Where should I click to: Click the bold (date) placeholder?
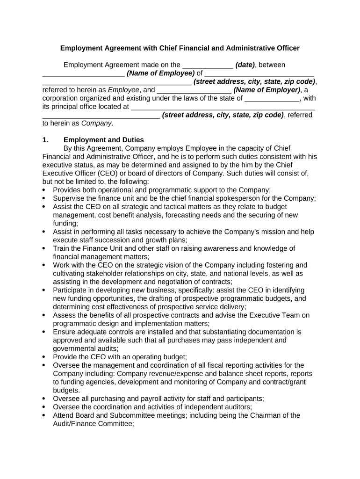tap(245, 65)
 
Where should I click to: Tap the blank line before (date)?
tap(207, 65)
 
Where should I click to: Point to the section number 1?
tap(45, 140)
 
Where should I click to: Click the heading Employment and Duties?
tap(103, 140)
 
